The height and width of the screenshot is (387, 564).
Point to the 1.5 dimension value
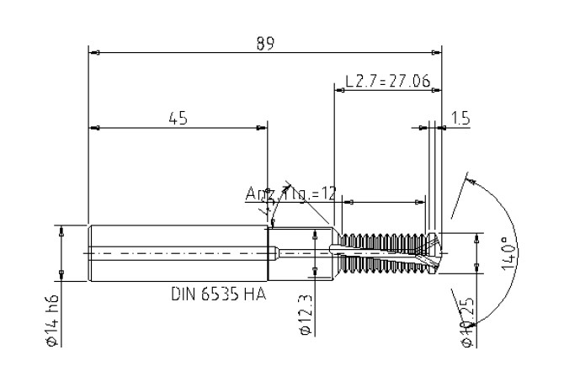coord(460,119)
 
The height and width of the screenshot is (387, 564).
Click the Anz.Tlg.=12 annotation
coord(290,194)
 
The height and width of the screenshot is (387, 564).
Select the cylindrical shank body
coord(177,252)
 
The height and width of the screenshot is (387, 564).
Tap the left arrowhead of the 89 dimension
coord(93,53)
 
